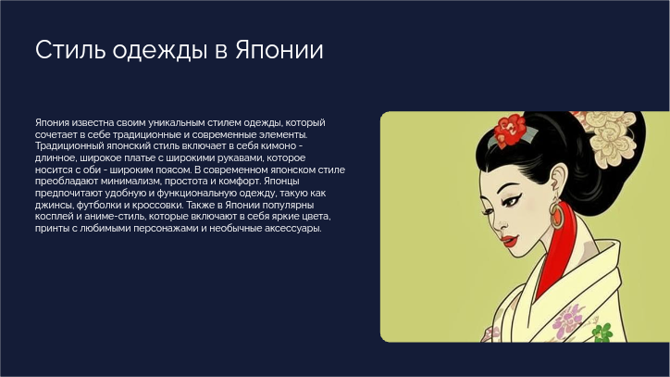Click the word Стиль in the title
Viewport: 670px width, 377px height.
pyautogui.click(x=70, y=50)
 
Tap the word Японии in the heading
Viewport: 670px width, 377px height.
pyautogui.click(x=279, y=50)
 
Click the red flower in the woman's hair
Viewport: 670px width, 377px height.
pyautogui.click(x=509, y=130)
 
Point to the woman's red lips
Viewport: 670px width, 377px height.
pyautogui.click(x=510, y=240)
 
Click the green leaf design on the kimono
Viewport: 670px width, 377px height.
pyautogui.click(x=603, y=332)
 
